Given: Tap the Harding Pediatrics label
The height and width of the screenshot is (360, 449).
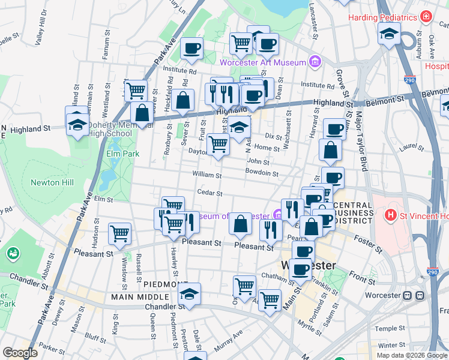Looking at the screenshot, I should point(382,17).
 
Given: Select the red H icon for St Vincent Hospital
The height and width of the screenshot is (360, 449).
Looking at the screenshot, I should point(390,214).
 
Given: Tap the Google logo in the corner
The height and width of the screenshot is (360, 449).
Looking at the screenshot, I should point(20,353).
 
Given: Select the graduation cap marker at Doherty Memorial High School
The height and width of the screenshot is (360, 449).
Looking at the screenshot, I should point(77,123).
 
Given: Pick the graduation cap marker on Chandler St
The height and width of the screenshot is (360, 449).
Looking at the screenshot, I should point(189,294).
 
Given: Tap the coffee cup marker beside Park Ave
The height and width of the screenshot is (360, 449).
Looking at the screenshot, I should point(191,49).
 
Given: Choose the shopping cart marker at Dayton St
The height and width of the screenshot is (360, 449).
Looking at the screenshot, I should point(218,144).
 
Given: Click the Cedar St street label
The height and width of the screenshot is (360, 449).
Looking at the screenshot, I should point(210,193).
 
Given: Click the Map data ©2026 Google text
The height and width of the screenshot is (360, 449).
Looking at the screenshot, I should point(411,355).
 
